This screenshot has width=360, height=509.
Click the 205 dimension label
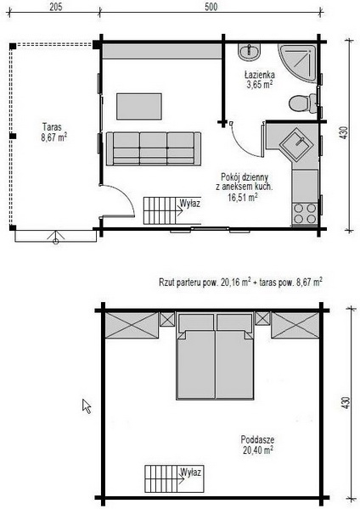click(55, 7)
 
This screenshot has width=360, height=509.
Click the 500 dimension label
click(211, 7)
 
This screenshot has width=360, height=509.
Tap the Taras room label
click(52, 126)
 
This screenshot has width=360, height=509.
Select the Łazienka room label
click(260, 75)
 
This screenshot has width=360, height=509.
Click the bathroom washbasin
click(249, 52)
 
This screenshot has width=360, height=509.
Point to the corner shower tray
click(298, 63)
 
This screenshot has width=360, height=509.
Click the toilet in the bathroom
click(303, 103)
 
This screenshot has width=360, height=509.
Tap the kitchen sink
click(296, 143)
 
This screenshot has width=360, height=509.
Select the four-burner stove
click(305, 213)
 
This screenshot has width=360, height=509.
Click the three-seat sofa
click(154, 148)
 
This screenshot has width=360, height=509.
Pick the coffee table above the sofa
click(139, 107)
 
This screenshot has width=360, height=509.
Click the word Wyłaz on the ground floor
click(189, 204)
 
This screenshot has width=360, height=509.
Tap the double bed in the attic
click(215, 356)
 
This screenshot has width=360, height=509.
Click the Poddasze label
click(257, 439)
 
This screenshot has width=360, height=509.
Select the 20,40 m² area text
click(257, 450)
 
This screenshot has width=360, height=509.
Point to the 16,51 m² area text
click(243, 198)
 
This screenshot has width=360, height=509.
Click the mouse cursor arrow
click(87, 406)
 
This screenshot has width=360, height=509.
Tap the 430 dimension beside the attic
click(346, 402)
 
